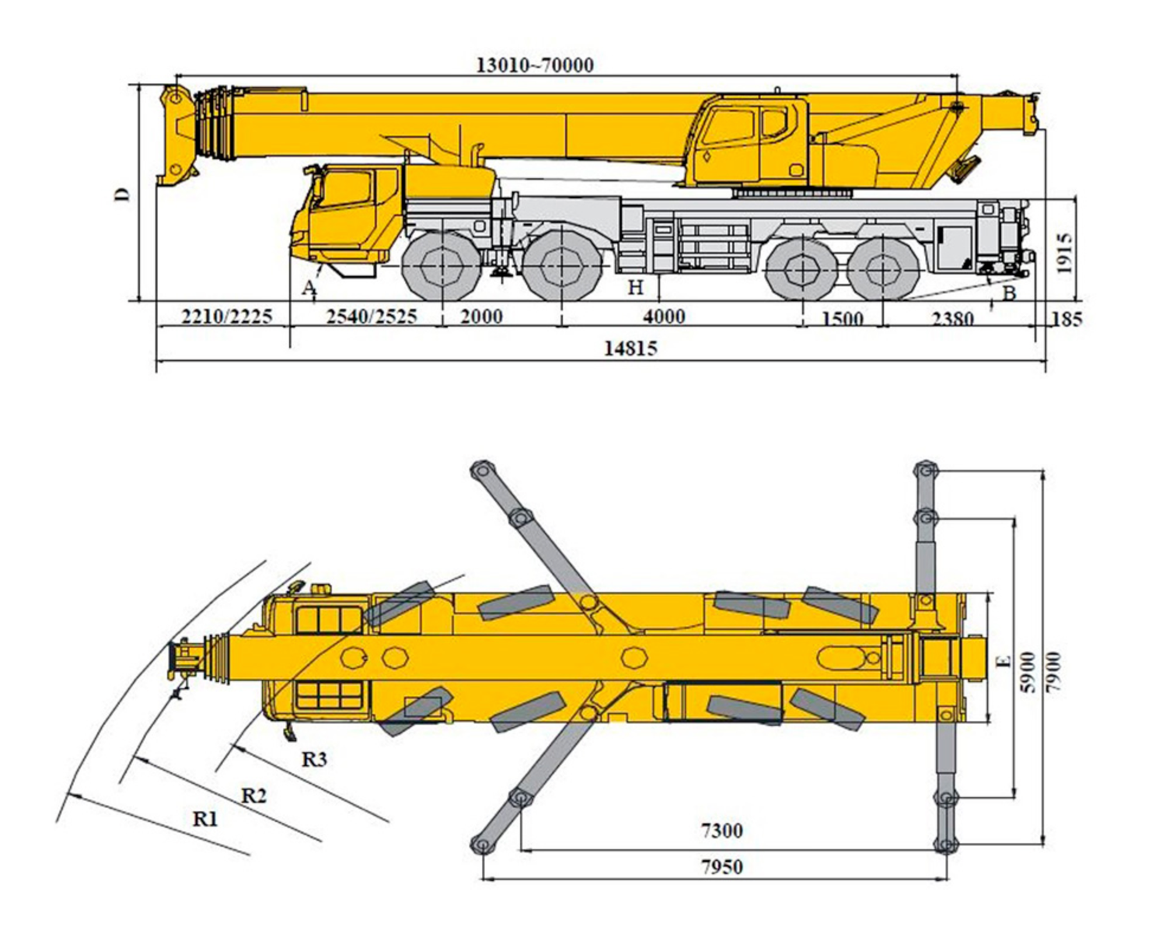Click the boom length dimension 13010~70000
[535, 65]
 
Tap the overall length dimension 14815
[630, 348]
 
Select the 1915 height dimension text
[1065, 254]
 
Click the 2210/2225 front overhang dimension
[226, 316]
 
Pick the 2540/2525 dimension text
[372, 316]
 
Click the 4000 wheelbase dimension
[665, 316]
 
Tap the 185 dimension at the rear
[1067, 319]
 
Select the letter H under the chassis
[636, 287]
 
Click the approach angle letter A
[309, 288]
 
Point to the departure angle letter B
[1009, 293]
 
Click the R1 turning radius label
[205, 819]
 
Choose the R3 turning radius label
[314, 760]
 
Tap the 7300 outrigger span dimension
[722, 831]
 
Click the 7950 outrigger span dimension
[722, 867]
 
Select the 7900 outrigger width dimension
[1053, 672]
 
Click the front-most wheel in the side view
[442, 266]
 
